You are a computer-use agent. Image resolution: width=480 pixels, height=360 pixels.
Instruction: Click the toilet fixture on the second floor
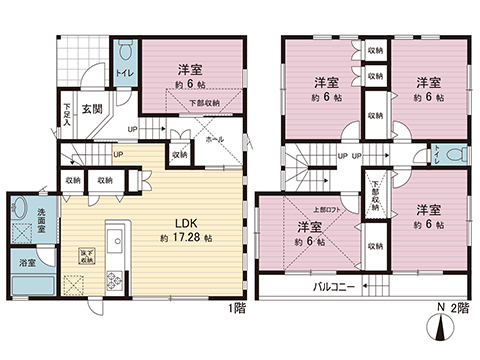(x=453, y=157)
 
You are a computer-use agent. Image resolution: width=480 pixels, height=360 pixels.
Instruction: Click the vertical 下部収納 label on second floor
(x=376, y=188)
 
